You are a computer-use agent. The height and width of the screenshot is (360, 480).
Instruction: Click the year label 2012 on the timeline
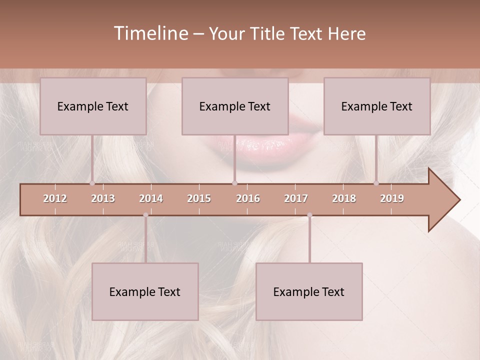coord(55,198)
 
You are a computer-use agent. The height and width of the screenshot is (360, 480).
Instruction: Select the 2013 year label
coord(103,198)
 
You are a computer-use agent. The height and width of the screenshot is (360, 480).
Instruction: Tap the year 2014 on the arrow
coord(151,198)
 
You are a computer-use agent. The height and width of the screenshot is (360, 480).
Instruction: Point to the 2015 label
coord(199,198)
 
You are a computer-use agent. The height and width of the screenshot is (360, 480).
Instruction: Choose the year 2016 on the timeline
coord(248,198)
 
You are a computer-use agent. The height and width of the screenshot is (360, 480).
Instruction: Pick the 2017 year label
coord(296,198)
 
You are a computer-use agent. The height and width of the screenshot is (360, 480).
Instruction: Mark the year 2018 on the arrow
coord(344,198)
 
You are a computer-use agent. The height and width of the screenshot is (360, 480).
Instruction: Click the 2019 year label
coord(392,198)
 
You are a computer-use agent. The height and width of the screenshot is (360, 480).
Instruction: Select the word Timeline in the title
coord(150,33)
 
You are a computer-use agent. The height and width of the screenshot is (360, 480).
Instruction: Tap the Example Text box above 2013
coord(93,106)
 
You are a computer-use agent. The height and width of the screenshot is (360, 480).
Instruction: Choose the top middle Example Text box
coord(235,106)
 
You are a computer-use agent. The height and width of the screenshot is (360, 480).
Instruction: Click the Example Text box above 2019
coord(377,106)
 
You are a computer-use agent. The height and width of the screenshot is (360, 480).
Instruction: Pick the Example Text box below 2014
coord(145,291)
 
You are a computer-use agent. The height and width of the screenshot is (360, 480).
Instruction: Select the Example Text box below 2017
coord(309,291)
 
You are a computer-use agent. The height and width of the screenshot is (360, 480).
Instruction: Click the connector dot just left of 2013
coord(92,183)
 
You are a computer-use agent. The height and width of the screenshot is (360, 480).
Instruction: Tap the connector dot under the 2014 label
coord(145,215)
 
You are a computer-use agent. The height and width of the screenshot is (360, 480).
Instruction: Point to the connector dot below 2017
coord(309,215)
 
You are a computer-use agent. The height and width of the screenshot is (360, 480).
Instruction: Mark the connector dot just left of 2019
coord(376,183)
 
